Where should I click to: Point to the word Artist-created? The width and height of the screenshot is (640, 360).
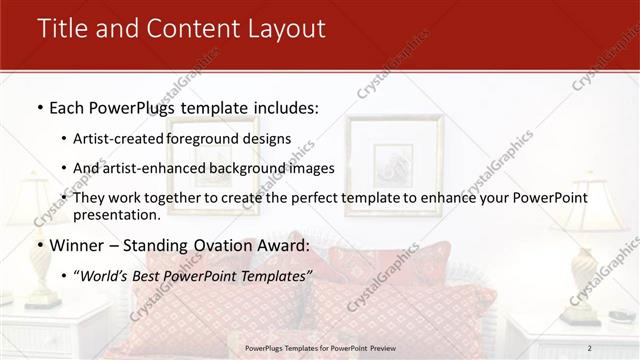pos(119,139)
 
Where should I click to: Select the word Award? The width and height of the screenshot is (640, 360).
pos(283,244)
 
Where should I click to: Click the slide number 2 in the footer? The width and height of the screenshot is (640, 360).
pos(590,347)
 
